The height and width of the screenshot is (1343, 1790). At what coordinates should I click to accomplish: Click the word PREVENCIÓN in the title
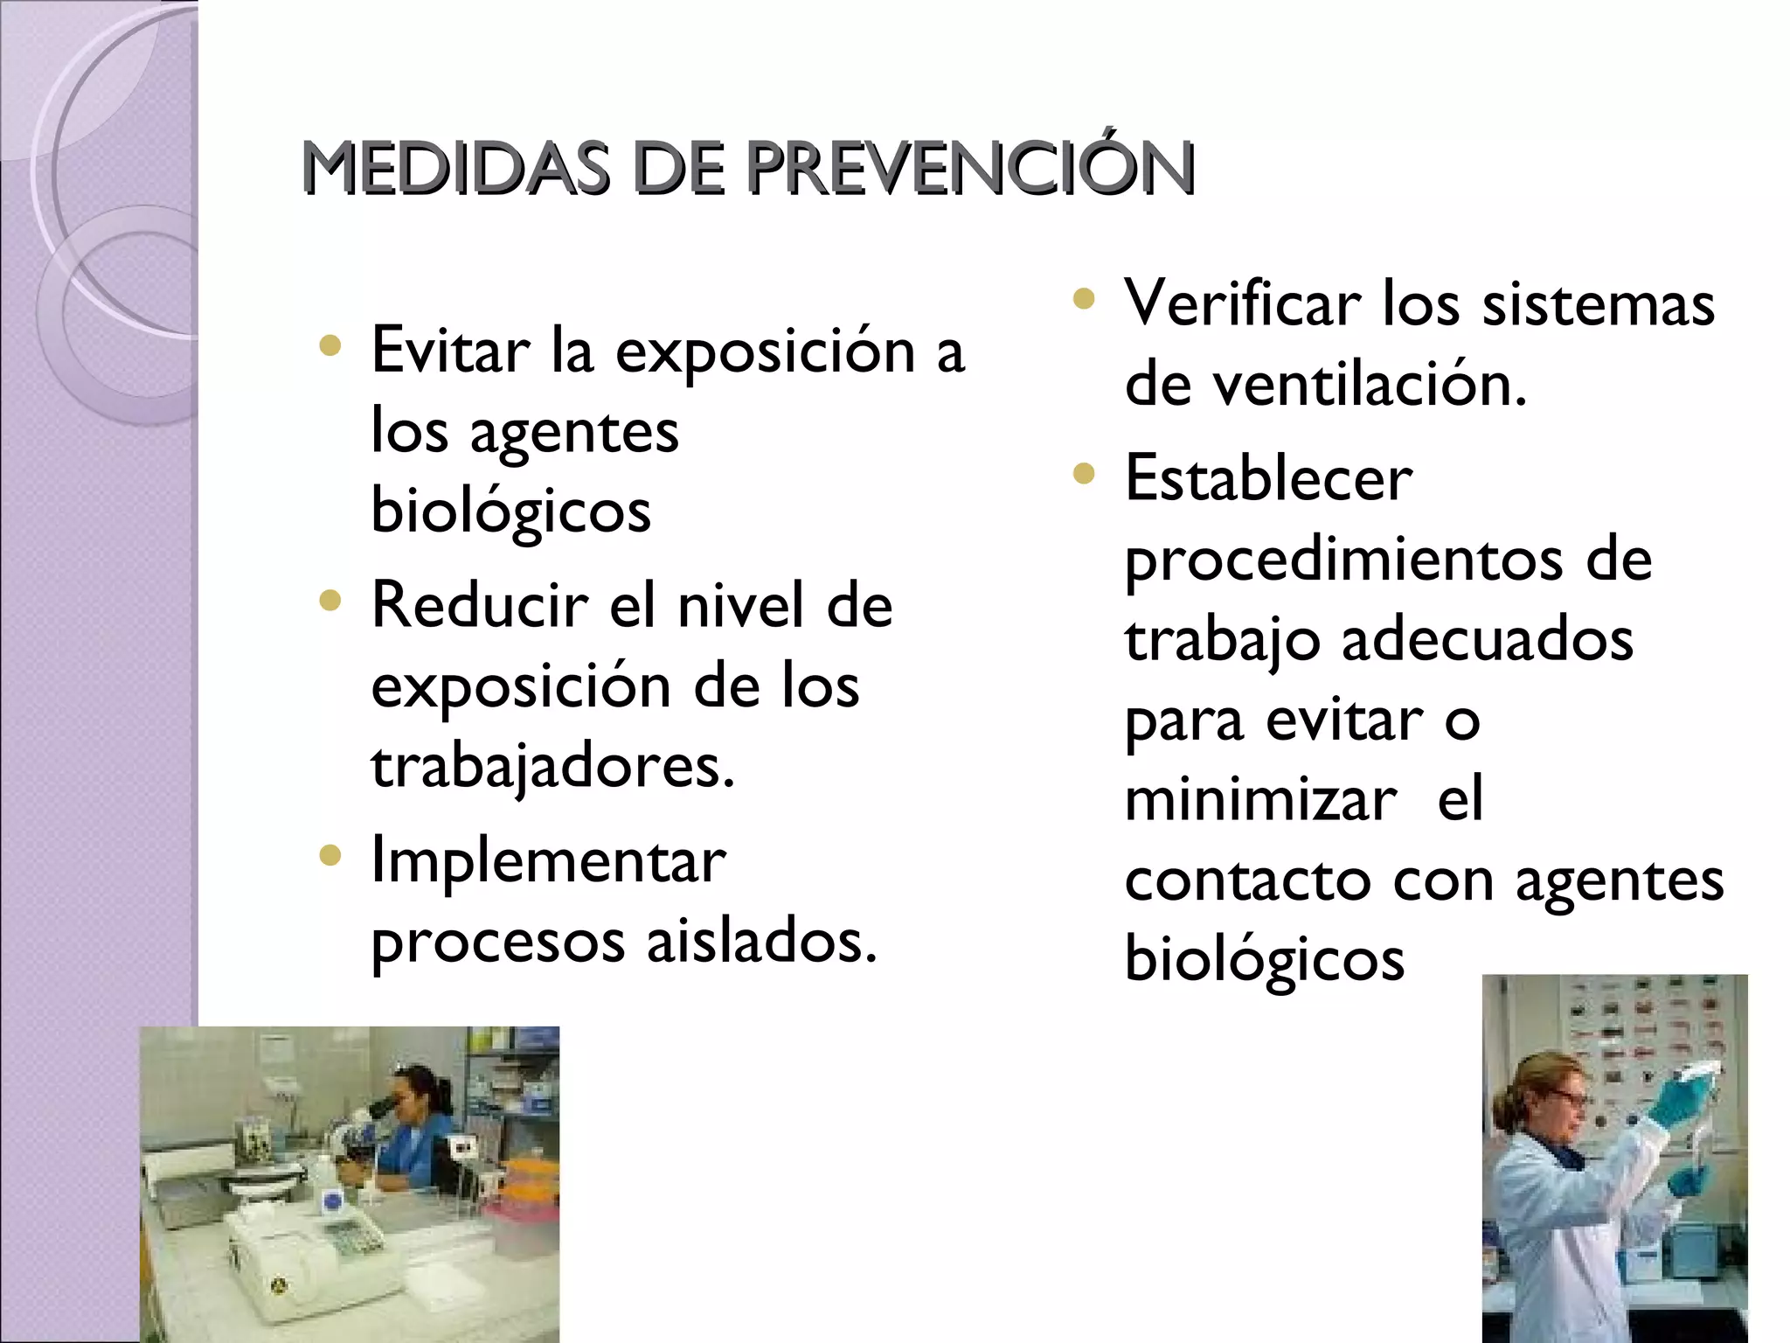coord(970,168)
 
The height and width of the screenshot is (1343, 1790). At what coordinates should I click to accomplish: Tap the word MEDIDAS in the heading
coord(454,168)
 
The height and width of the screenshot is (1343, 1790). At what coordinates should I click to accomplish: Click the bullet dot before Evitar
coord(330,346)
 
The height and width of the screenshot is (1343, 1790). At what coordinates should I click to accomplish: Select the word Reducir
coord(479,605)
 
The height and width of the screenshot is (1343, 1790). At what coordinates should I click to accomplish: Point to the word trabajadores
coord(552,766)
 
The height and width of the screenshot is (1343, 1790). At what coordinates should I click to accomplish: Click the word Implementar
coord(548,861)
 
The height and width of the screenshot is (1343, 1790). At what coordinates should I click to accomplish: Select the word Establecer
coord(1267,479)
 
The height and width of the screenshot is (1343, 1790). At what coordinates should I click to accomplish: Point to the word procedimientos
coord(1342,561)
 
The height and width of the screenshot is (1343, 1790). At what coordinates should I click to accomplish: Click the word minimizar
coord(1260,800)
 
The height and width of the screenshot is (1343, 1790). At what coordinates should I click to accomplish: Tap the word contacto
coord(1247,880)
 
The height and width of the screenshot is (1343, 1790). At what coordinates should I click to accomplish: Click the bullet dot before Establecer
coord(1083,475)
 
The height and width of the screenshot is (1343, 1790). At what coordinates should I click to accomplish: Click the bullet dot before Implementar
coord(330,855)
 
